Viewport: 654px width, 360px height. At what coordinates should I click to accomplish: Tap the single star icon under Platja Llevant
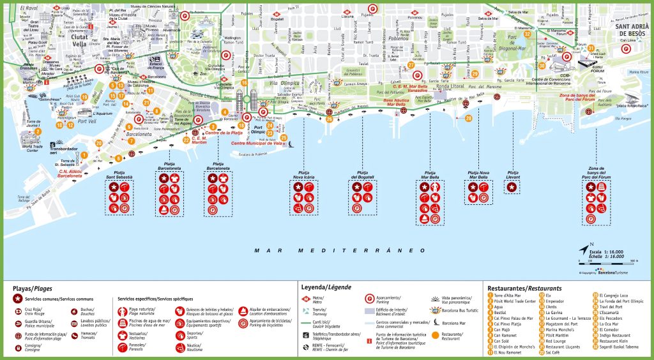(x=512, y=187)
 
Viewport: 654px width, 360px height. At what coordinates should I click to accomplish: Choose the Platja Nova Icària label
(x=305, y=174)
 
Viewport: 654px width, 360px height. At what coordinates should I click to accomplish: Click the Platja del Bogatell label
(x=361, y=174)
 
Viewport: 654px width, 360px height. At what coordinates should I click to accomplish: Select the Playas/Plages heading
(x=33, y=288)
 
